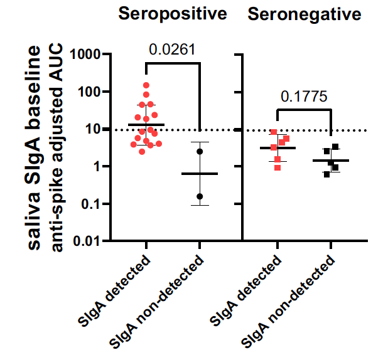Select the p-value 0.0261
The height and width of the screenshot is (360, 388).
[x=172, y=50]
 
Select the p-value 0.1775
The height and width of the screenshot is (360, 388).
[x=304, y=96]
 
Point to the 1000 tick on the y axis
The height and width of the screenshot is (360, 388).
[x=85, y=55]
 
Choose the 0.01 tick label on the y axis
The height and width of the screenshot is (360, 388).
[x=88, y=241]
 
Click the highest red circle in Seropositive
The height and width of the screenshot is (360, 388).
[x=146, y=85]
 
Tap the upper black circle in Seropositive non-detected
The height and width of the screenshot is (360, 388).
[x=200, y=151]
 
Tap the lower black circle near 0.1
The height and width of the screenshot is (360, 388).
[x=200, y=196]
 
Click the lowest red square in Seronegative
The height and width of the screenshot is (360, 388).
[x=278, y=167]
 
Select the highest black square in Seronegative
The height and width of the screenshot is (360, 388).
[x=336, y=147]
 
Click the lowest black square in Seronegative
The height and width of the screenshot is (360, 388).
[x=326, y=174]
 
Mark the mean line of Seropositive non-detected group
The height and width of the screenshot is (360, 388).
[x=200, y=174]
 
